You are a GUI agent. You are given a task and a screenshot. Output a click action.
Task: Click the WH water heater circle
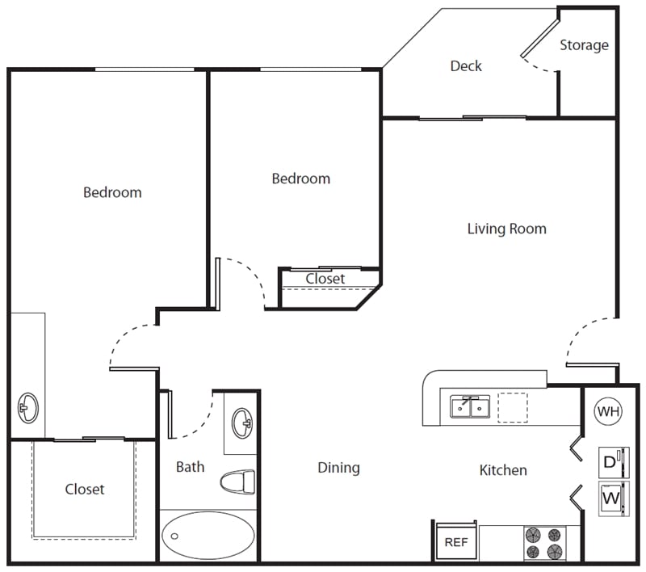(608, 411)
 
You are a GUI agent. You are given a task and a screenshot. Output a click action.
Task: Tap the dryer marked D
(614, 462)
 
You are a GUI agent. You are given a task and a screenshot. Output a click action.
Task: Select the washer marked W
(614, 498)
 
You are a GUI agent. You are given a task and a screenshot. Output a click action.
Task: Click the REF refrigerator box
(456, 541)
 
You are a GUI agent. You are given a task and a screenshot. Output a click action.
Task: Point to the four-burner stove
(544, 543)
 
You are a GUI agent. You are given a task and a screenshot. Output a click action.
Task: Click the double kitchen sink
(470, 406)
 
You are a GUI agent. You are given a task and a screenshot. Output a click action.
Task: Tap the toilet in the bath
(237, 482)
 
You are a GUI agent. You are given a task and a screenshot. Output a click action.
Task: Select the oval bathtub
(208, 536)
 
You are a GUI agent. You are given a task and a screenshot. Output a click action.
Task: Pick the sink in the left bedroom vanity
(28, 407)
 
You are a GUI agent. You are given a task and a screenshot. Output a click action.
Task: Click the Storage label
(584, 45)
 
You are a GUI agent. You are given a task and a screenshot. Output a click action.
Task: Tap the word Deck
(466, 66)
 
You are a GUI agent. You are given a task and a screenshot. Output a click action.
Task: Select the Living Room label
(507, 229)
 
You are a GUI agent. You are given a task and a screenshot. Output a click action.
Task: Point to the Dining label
(338, 468)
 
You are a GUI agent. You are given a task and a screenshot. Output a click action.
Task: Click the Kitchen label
(503, 470)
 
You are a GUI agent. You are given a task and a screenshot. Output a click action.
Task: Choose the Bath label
(190, 467)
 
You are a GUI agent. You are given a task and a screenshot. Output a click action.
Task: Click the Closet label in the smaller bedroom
(325, 279)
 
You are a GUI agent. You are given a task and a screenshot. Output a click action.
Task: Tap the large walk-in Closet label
(85, 489)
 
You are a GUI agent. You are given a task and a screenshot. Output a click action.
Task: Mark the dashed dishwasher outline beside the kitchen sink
(513, 407)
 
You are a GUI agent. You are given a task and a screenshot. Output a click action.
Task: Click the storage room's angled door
(540, 37)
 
